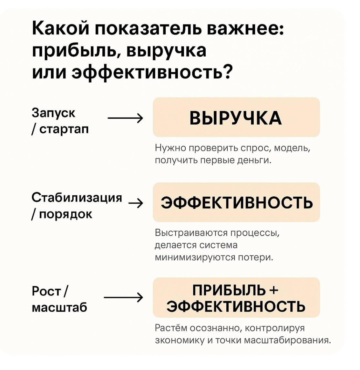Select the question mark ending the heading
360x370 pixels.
pos(227,72)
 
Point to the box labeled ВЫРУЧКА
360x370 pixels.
pos(236,118)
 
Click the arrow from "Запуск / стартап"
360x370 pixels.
pos(125,118)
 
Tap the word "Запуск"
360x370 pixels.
pos(53,113)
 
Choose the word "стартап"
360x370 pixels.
pos(64,129)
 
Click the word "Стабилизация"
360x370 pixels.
pos(77,197)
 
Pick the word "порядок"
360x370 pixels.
pos(66,214)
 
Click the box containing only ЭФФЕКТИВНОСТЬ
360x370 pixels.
pos(236,202)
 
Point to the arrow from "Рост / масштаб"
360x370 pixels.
pos(123,297)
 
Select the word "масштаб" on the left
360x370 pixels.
pos(59,307)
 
